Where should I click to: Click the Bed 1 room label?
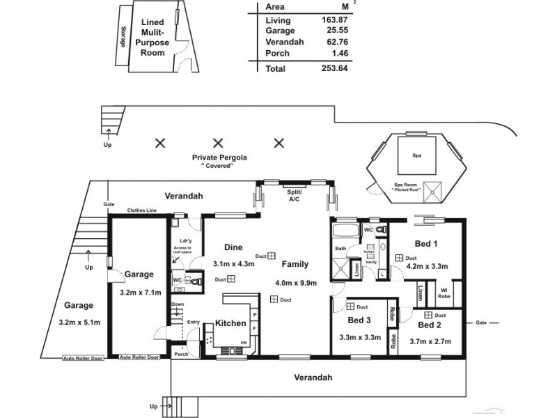[x=426, y=244]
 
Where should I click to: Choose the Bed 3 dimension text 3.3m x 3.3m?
[x=358, y=336]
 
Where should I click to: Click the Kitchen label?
[x=229, y=324]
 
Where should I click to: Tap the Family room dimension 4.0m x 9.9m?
[x=296, y=283]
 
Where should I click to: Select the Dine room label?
[x=233, y=247]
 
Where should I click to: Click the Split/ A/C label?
[x=294, y=195]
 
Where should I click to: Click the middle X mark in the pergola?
[x=218, y=144]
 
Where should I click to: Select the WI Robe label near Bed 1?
[x=443, y=293]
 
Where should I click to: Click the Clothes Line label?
[x=141, y=210]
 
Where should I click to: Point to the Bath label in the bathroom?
[x=340, y=249]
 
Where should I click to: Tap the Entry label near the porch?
[x=194, y=322]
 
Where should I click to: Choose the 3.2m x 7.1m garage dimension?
[x=139, y=293]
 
